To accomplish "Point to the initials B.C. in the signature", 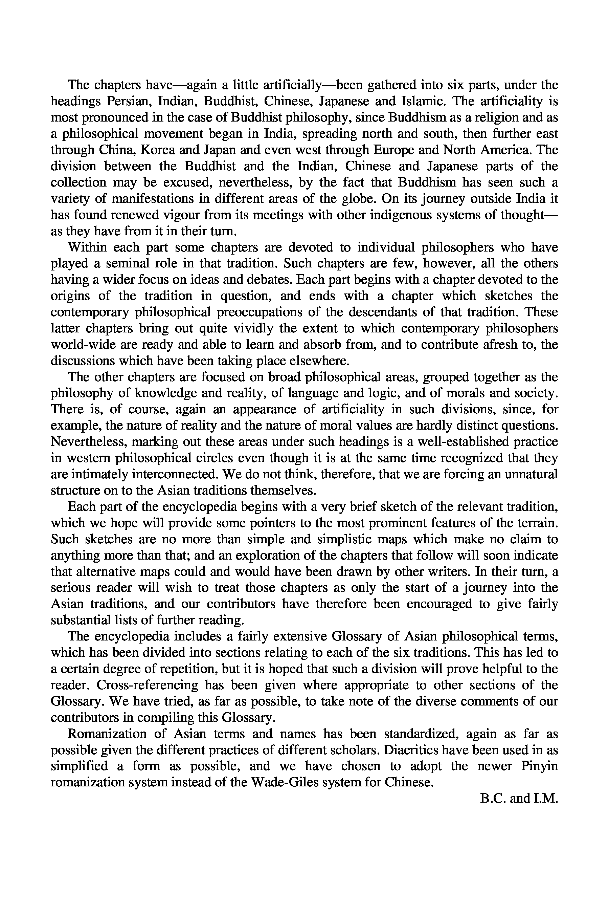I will click(x=493, y=799).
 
